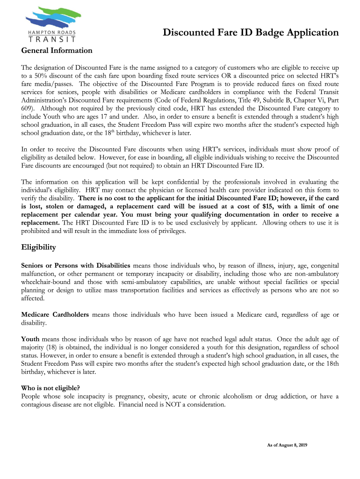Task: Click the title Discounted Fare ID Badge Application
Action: pyautogui.click(x=251, y=32)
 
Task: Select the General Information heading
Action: pyautogui.click(x=57, y=51)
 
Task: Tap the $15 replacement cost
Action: pyautogui.click(x=269, y=206)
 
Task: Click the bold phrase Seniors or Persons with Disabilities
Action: pyautogui.click(x=77, y=265)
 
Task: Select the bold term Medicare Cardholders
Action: pyautogui.click(x=55, y=314)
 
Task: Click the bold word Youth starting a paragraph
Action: pyautogui.click(x=30, y=339)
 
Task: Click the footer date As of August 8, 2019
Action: pyautogui.click(x=283, y=444)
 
